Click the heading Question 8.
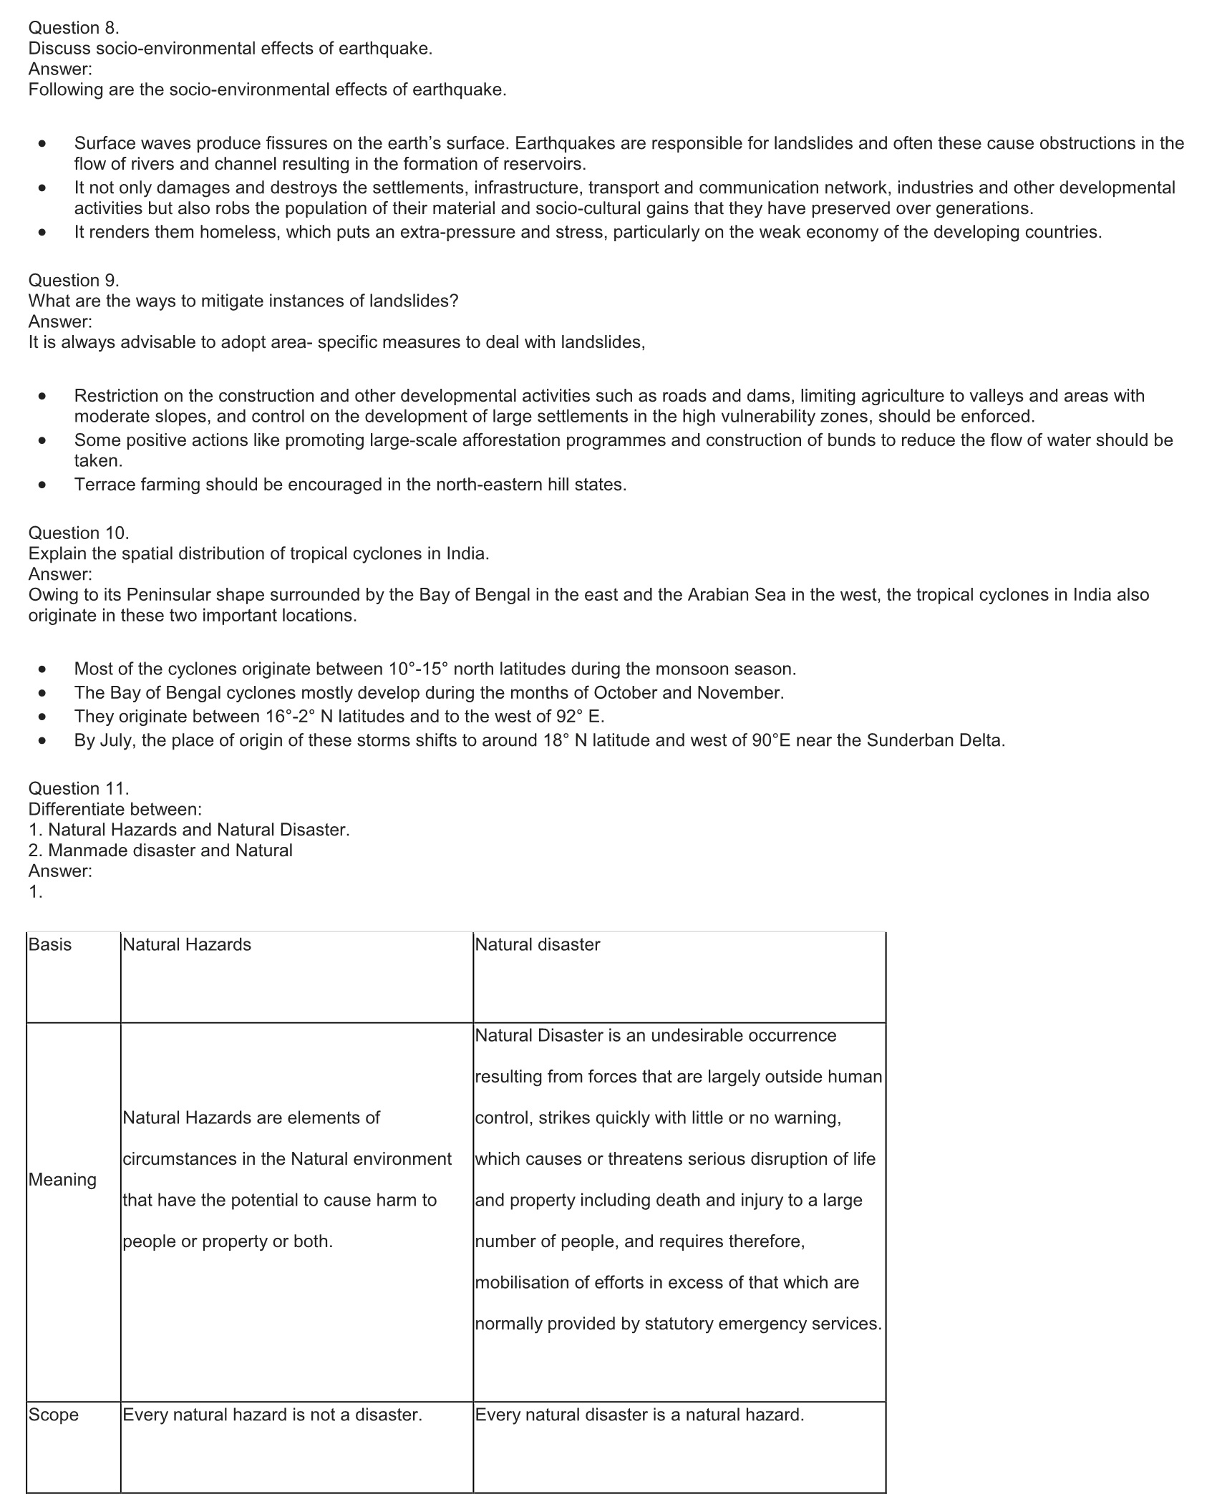pyautogui.click(x=74, y=28)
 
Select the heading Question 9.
pyautogui.click(x=74, y=280)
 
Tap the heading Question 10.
pyautogui.click(x=79, y=533)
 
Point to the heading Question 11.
pyautogui.click(x=79, y=788)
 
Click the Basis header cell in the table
pyautogui.click(x=50, y=944)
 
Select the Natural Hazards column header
pyautogui.click(x=187, y=944)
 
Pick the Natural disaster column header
pyautogui.click(x=538, y=944)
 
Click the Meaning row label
pyautogui.click(x=62, y=1179)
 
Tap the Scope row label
pyautogui.click(x=54, y=1415)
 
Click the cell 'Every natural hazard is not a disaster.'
pyautogui.click(x=273, y=1415)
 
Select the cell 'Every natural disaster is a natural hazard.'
pyautogui.click(x=640, y=1415)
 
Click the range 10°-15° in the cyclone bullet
pyautogui.click(x=418, y=669)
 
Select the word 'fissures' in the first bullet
pyautogui.click(x=301, y=143)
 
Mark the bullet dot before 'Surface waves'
pyautogui.click(x=44, y=143)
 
